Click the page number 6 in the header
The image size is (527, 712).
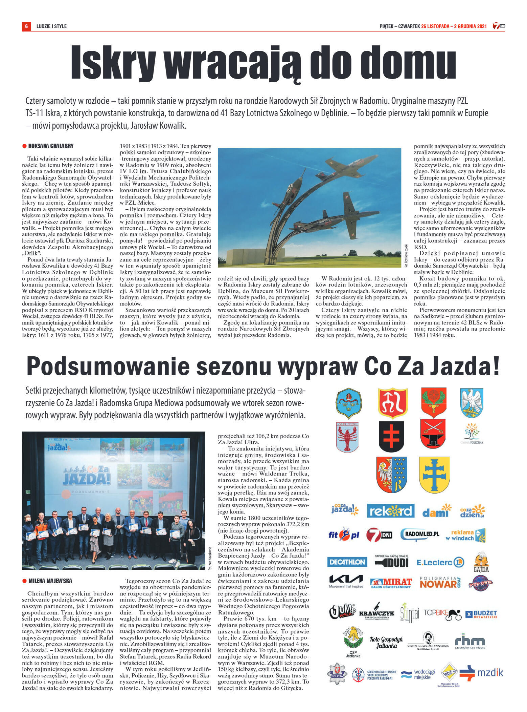pyautogui.click(x=26, y=26)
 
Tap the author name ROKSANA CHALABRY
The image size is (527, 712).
pyautogui.click(x=51, y=146)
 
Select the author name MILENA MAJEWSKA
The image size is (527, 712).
pyautogui.click(x=50, y=581)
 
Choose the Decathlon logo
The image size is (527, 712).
pyautogui.click(x=347, y=562)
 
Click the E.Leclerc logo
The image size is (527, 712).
pyautogui.click(x=440, y=562)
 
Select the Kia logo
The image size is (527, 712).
pyautogui.click(x=346, y=582)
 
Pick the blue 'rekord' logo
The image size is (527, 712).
pyautogui.click(x=390, y=511)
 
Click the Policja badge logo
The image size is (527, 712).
pyautogui.click(x=337, y=674)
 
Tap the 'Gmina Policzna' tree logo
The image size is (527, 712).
pyautogui.click(x=472, y=434)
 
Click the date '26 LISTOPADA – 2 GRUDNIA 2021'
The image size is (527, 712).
pyautogui.click(x=454, y=26)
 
